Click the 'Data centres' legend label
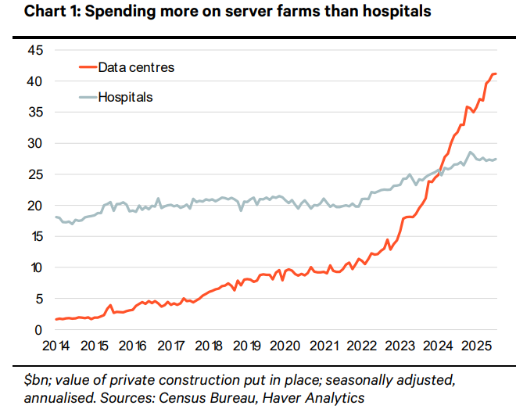click(136, 67)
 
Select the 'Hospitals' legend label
click(125, 98)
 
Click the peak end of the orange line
click(495, 74)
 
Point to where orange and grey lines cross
click(441, 174)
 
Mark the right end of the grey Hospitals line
click(496, 159)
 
